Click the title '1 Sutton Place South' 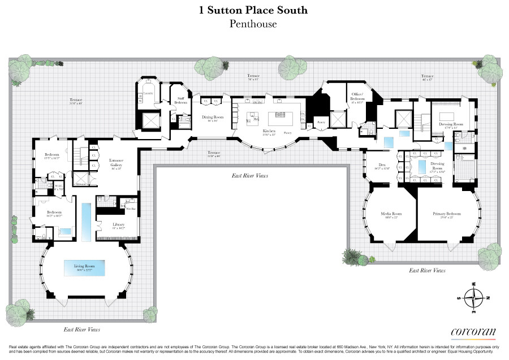254,10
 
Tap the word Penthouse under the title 254,24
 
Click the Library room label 118,225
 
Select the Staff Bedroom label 181,99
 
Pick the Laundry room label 148,92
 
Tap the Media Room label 391,214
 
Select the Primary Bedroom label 447,214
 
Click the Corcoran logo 473,332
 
